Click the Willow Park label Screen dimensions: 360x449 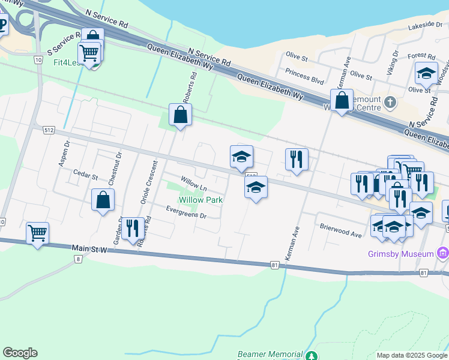[200, 200]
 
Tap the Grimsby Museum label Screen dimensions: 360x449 [401, 254]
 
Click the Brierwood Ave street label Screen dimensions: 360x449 [341, 230]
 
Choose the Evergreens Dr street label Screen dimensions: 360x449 [187, 211]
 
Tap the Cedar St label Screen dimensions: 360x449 [85, 176]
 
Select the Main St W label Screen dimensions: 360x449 [88, 247]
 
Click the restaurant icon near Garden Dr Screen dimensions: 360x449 [133, 228]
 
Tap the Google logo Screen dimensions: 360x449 [20, 353]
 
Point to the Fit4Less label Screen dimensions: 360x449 [66, 62]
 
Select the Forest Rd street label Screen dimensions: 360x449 [417, 56]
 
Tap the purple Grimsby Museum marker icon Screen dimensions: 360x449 [444, 253]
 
